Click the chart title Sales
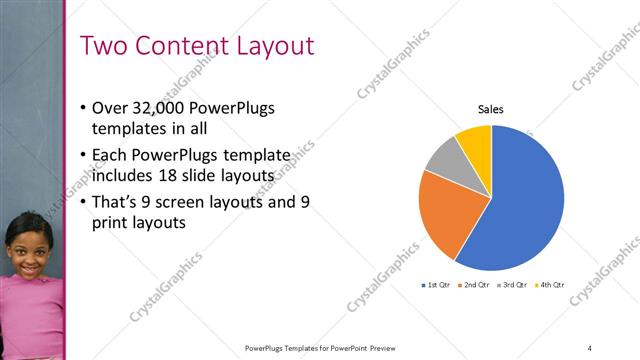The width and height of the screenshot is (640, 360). (490, 109)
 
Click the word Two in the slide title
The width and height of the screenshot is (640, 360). (103, 46)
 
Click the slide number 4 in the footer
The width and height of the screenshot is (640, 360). (590, 347)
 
